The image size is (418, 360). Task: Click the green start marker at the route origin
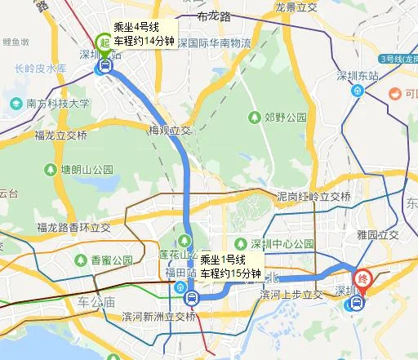point(104,42)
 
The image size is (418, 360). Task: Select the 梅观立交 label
point(169,130)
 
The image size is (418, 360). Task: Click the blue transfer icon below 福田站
point(191,297)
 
